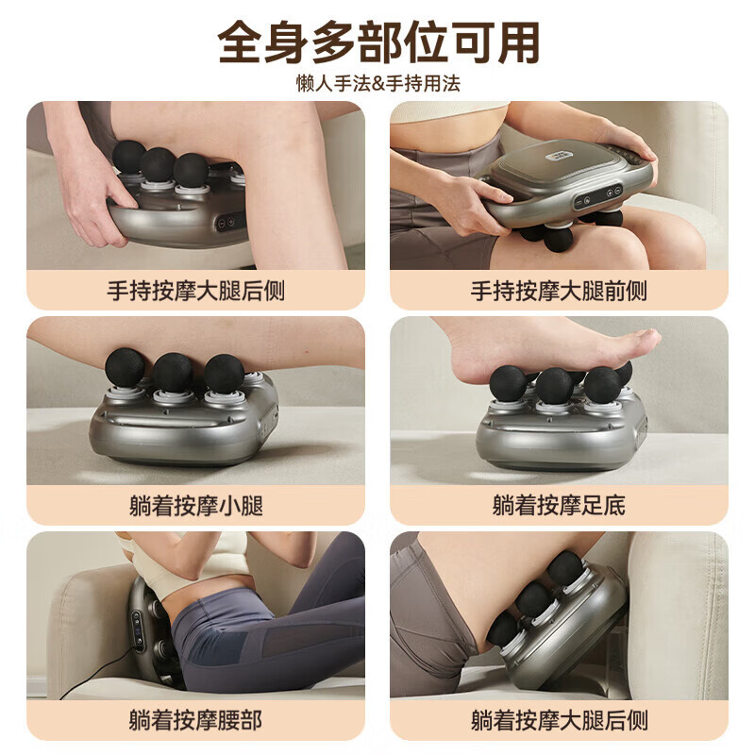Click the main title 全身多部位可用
click(x=377, y=42)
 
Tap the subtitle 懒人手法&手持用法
click(x=377, y=83)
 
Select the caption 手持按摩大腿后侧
click(x=195, y=291)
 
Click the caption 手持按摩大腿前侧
click(x=559, y=291)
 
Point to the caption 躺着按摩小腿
click(x=195, y=506)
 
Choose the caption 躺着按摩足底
click(x=559, y=506)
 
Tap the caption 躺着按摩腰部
click(x=195, y=721)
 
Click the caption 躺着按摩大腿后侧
click(x=559, y=721)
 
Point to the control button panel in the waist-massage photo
click(x=139, y=629)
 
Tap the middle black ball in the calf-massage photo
click(x=173, y=372)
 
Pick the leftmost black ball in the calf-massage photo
click(x=125, y=367)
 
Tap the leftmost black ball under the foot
click(x=508, y=382)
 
